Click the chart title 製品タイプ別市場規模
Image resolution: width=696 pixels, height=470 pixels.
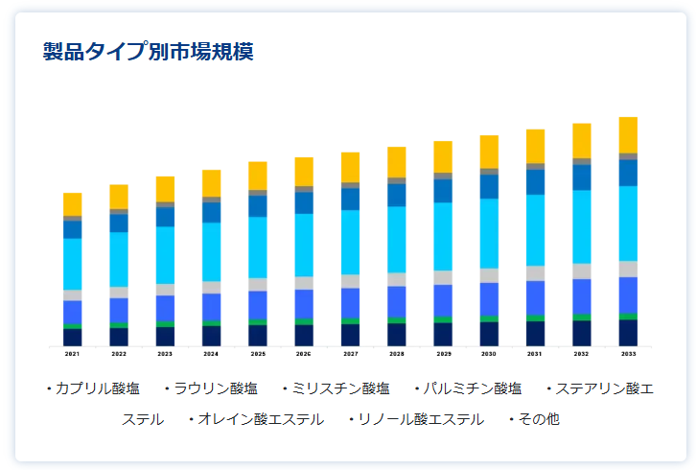(x=148, y=51)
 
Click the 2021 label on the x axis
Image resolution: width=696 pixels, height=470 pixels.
(x=73, y=354)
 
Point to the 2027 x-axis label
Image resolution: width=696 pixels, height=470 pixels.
(x=351, y=354)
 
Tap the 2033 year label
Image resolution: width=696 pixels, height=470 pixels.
(x=628, y=354)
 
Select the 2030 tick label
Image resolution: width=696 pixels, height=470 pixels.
(x=489, y=354)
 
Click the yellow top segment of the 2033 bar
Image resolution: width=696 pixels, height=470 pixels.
(x=628, y=134)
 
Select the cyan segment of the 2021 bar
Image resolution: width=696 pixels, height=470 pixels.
(x=73, y=264)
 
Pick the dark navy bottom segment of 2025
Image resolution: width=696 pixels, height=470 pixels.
(x=258, y=335)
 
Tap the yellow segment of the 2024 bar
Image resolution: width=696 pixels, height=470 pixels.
(x=212, y=183)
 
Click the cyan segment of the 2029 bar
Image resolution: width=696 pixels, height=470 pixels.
(x=443, y=236)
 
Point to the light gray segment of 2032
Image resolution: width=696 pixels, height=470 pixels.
(x=582, y=270)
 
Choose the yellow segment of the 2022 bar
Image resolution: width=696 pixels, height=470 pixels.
(x=119, y=197)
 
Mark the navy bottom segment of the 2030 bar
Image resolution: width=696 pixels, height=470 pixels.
(x=489, y=333)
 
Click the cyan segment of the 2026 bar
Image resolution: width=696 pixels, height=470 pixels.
(x=304, y=245)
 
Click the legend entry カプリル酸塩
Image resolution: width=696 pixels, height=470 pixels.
(x=96, y=388)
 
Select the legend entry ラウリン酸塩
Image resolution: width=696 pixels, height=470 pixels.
(x=215, y=388)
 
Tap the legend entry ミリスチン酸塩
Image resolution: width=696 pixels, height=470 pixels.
(x=339, y=388)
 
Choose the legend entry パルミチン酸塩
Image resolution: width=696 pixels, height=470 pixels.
(x=472, y=388)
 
